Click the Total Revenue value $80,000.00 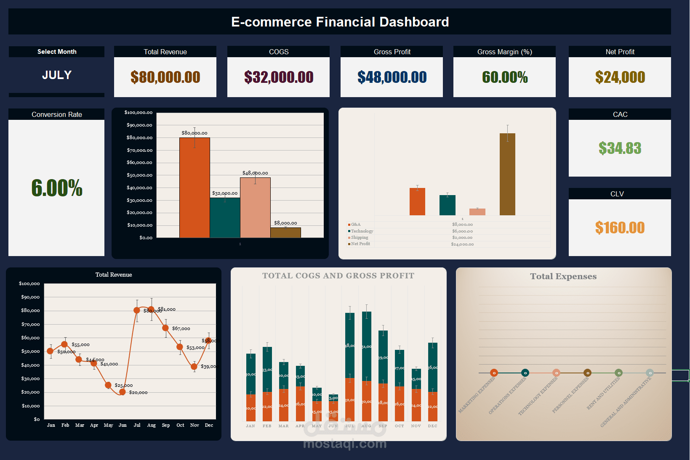(x=165, y=77)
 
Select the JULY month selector (x=57, y=75)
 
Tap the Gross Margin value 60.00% (x=504, y=77)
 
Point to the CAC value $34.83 (x=620, y=148)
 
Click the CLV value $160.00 (x=620, y=228)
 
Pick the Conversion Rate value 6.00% (x=57, y=188)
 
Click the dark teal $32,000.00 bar (x=225, y=217)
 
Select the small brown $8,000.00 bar (x=285, y=233)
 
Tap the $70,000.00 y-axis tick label (x=139, y=150)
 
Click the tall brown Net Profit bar (x=507, y=174)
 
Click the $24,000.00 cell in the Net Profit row (x=462, y=244)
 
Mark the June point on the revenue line (x=123, y=392)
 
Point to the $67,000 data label (x=181, y=328)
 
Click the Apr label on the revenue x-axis (x=94, y=425)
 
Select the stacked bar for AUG (x=366, y=366)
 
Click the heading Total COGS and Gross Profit (x=338, y=276)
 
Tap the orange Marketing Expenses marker (x=494, y=373)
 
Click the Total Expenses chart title (x=563, y=276)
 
